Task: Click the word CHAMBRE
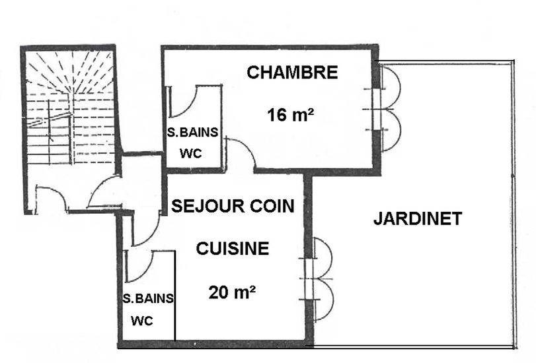coord(292,73)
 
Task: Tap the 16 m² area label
coord(290,115)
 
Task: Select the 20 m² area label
coord(232,292)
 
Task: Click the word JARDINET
coord(418,218)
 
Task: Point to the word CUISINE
coord(233,248)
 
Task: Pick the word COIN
coord(272,206)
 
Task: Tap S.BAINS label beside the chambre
coord(192,132)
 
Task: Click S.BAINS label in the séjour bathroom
coord(148,299)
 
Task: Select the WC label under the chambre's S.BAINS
coord(191,154)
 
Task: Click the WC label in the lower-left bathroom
coord(142,321)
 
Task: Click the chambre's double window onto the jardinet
coord(385,109)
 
